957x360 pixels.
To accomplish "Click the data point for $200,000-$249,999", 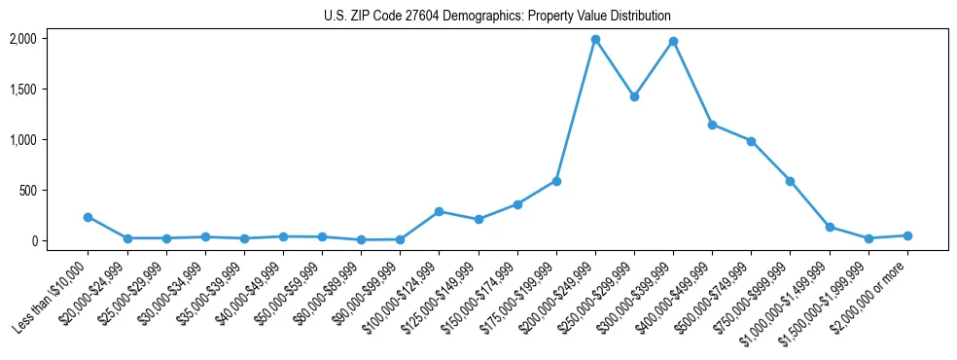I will click(595, 40).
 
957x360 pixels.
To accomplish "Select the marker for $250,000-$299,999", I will click(634, 97).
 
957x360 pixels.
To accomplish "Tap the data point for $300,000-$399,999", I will click(673, 42).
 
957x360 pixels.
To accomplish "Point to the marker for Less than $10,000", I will click(88, 218).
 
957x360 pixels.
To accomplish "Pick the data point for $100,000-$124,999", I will click(439, 211).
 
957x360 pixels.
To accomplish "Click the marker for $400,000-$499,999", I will click(712, 125).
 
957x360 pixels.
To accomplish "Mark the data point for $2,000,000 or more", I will click(907, 235).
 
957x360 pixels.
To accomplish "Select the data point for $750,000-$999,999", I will click(790, 181).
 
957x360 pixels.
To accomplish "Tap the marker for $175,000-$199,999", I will click(556, 181).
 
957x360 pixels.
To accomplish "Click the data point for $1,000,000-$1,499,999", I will click(830, 227).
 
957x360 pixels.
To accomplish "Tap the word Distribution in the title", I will click(638, 17).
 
